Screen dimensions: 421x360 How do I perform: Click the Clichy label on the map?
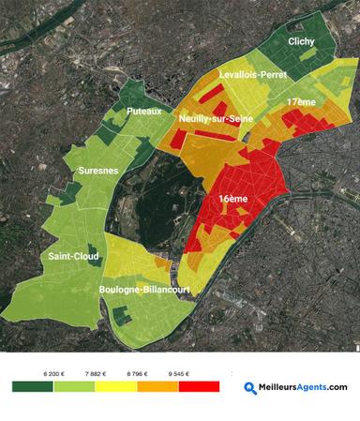pyautogui.click(x=301, y=41)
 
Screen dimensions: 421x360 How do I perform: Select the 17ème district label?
pyautogui.click(x=301, y=100)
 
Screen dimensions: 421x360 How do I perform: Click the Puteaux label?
pyautogui.click(x=144, y=111)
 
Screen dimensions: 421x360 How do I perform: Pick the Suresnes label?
pyautogui.click(x=98, y=172)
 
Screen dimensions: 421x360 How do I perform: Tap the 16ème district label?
pyautogui.click(x=232, y=200)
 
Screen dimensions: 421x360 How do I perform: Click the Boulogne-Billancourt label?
pyautogui.click(x=144, y=290)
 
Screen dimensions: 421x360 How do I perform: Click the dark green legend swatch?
pyautogui.click(x=33, y=386)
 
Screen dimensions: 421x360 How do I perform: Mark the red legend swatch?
pyautogui.click(x=198, y=386)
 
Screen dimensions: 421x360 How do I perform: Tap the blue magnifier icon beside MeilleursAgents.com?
pyautogui.click(x=250, y=386)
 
